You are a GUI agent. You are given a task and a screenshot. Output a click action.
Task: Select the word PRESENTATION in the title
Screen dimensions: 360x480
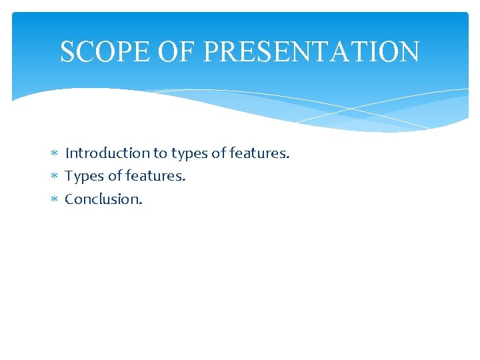tap(311, 52)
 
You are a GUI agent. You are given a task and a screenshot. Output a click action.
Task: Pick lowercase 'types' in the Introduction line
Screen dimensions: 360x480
tap(189, 154)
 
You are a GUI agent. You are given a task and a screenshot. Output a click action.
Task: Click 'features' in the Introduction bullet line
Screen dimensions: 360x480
tap(257, 153)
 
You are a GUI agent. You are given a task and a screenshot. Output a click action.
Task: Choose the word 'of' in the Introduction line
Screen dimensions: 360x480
tap(219, 153)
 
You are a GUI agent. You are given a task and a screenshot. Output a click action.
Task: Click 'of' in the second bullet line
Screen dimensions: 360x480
tap(115, 176)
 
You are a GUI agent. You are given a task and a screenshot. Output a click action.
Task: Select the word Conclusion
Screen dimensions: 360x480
tap(101, 199)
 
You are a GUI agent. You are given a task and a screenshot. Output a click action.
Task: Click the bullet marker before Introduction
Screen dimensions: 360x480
tap(55, 154)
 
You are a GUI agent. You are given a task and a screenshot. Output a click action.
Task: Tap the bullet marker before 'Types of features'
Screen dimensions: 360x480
tap(55, 177)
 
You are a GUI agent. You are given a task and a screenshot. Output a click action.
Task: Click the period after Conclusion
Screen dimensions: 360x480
tap(141, 203)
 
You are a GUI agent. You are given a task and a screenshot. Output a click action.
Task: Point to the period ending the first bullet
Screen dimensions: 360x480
tap(288, 157)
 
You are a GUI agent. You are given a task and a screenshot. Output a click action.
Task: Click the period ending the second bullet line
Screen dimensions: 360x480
tap(184, 180)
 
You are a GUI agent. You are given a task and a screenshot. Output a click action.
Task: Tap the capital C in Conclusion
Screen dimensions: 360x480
tap(69, 199)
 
